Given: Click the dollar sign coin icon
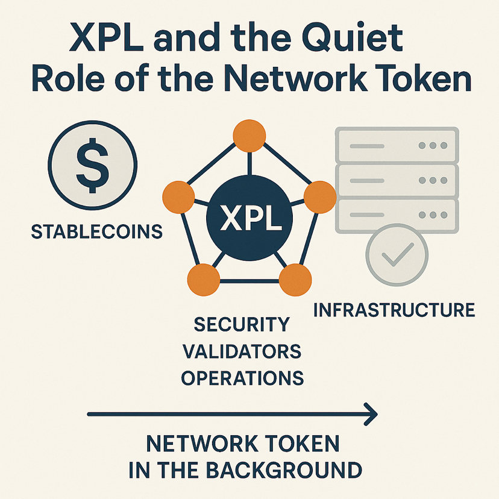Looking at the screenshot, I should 92,162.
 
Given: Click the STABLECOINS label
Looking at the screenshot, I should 96,231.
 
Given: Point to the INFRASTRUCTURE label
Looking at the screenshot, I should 394,310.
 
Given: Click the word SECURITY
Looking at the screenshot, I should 242,324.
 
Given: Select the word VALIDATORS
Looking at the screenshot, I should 242,351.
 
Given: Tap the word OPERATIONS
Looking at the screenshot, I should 242,378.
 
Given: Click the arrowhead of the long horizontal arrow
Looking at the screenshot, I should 371,413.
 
